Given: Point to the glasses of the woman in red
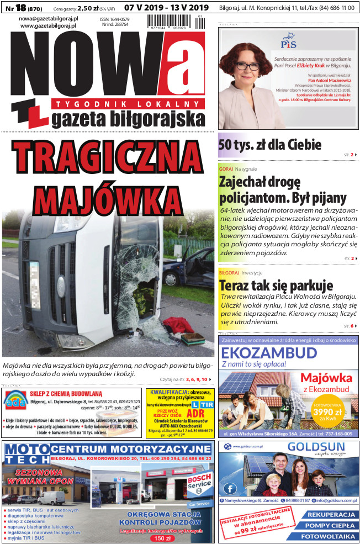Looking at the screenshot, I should pos(248,66).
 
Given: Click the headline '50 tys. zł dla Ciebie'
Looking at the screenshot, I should pos(270,145).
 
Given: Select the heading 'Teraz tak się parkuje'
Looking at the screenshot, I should pos(276,286).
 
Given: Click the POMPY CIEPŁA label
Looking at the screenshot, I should pos(328,525).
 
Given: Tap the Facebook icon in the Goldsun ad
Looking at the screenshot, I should pos(231,488).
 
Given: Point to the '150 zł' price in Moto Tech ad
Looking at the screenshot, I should pos(162,537).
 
